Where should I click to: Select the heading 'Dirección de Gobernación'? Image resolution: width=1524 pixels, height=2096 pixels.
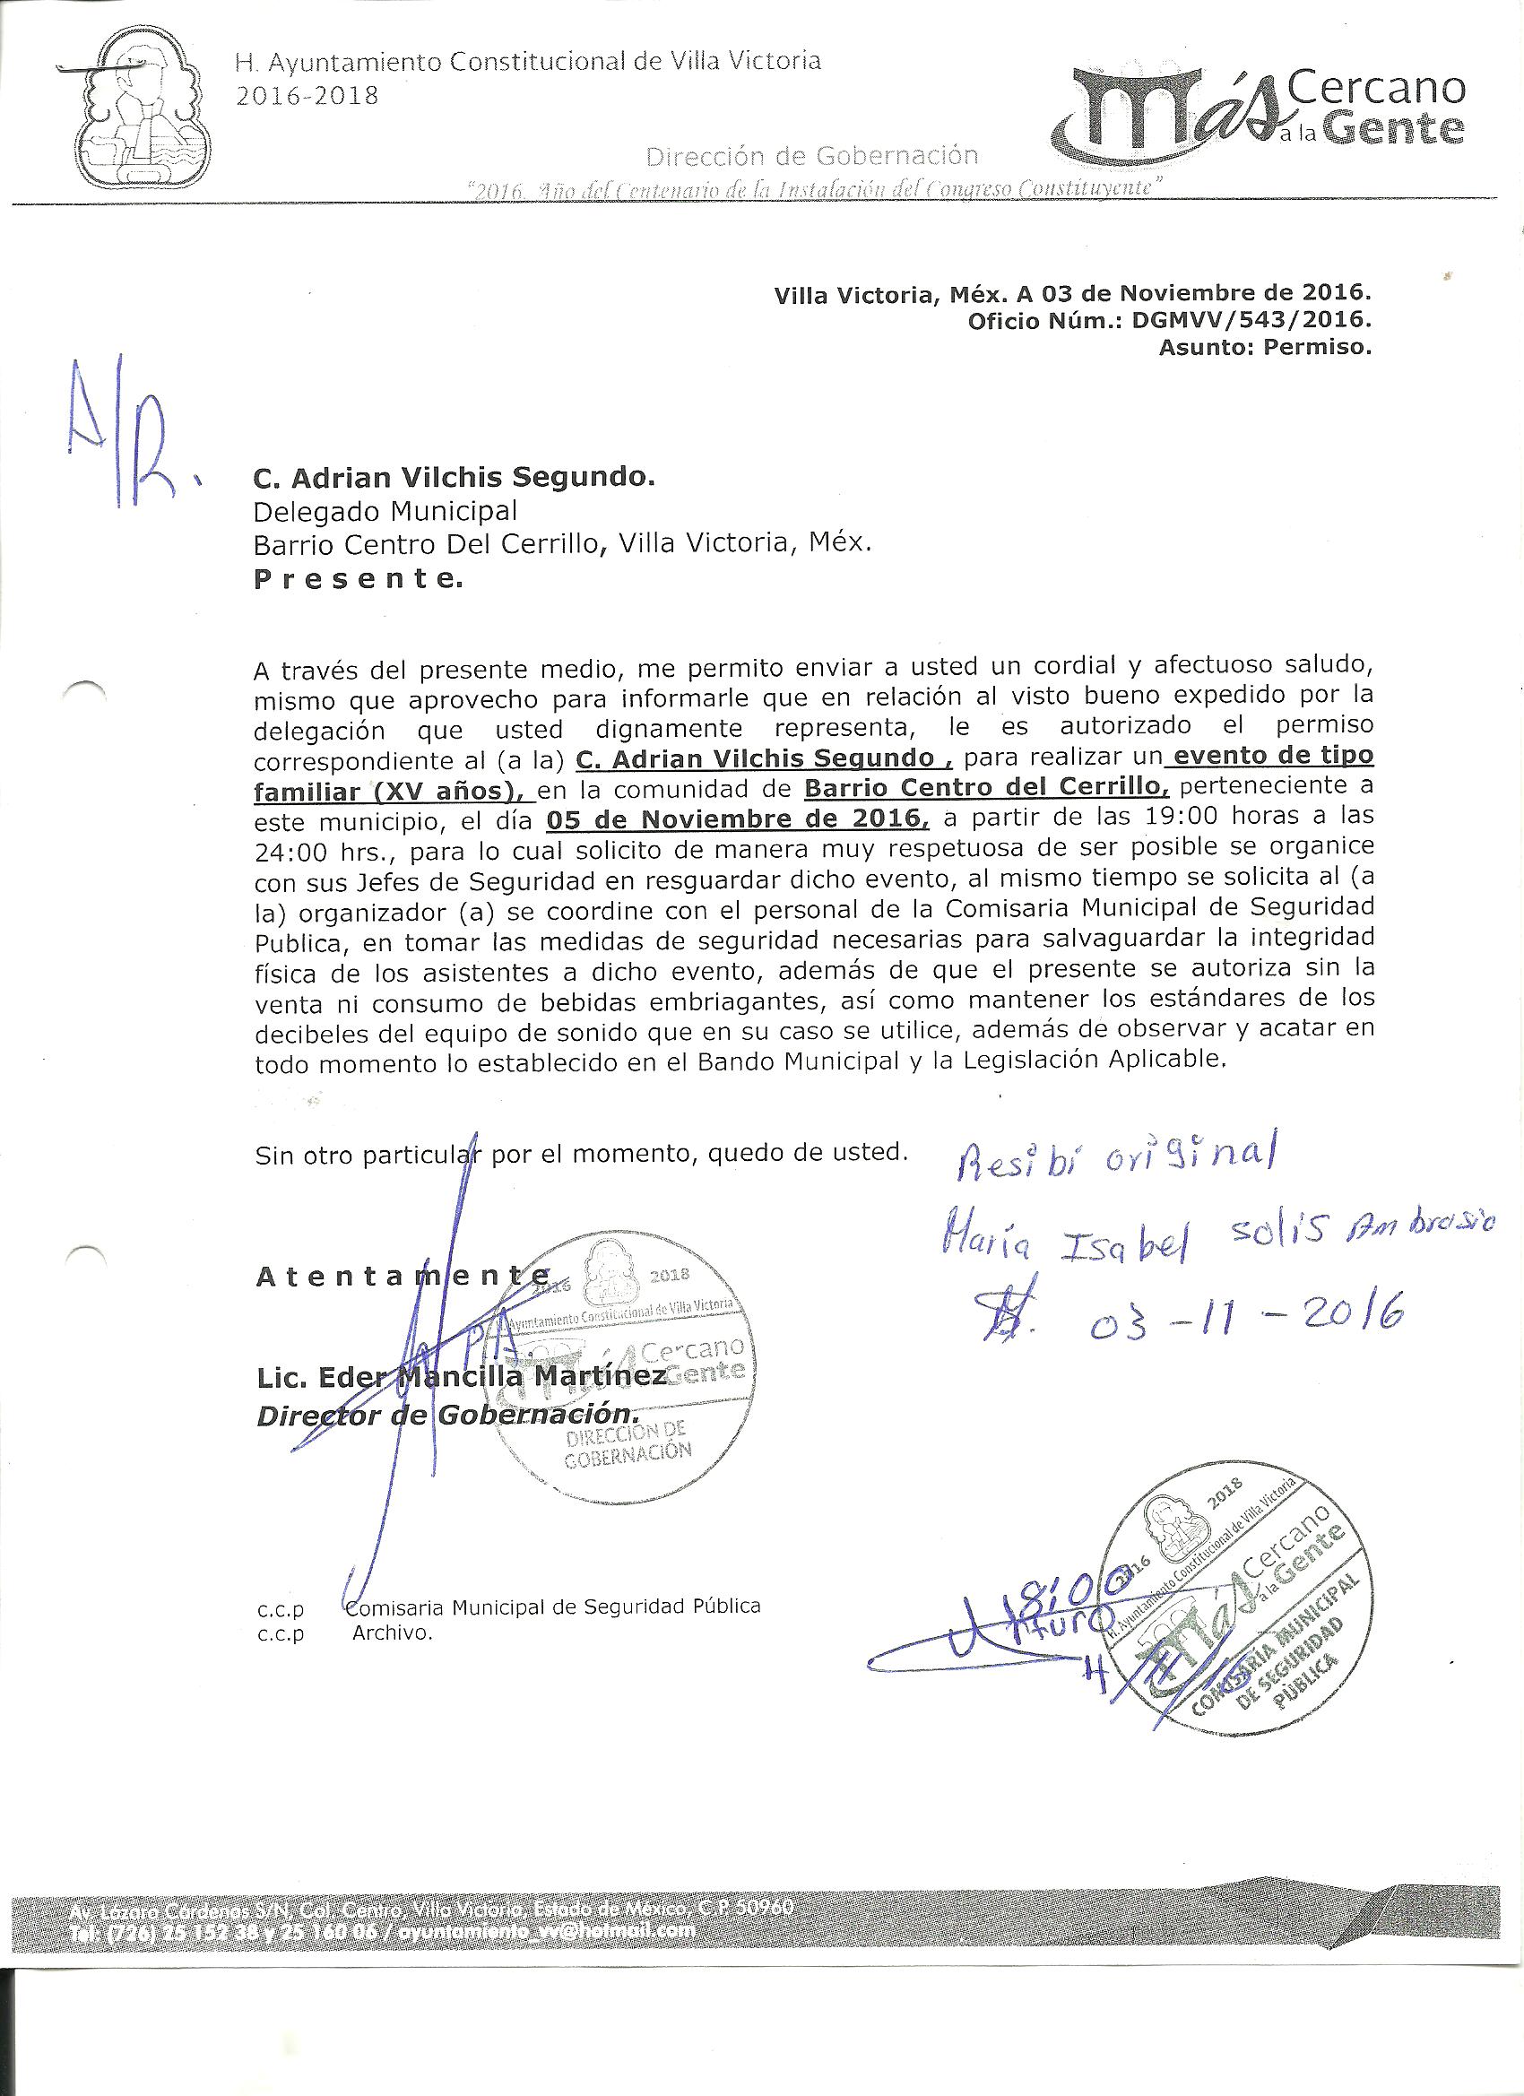(x=811, y=155)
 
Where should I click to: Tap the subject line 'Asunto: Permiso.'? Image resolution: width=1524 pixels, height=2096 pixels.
(x=1264, y=349)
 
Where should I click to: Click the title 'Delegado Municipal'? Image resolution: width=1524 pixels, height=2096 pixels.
(x=385, y=510)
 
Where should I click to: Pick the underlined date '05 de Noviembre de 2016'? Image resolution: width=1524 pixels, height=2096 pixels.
(x=737, y=818)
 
